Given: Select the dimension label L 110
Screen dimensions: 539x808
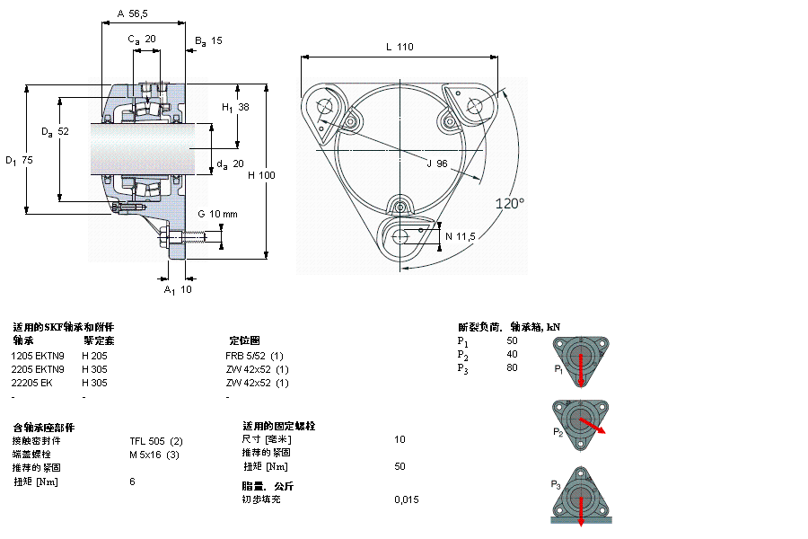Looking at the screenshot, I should point(400,47).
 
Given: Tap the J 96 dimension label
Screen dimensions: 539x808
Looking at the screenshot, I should point(437,163).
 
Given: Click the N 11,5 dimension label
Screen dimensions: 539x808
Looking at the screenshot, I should point(460,236).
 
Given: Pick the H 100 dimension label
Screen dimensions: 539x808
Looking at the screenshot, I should point(261,174).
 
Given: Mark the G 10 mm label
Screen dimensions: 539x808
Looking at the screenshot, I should point(217,214).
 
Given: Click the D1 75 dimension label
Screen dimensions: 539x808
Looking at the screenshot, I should point(19,160).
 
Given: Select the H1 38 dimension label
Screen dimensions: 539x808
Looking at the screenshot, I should point(236,107).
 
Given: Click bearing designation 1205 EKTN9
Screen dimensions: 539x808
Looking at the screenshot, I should point(38,356).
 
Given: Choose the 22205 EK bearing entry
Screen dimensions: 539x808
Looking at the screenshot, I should point(32,383).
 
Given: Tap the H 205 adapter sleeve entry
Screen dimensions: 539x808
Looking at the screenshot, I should point(94,356).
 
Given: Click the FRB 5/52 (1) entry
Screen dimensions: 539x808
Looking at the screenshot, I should point(254,356).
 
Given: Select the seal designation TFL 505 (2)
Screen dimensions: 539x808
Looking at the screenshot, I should point(156,440).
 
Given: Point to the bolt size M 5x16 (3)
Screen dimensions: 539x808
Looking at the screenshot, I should point(155,454).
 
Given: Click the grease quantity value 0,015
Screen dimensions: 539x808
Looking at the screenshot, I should point(406,499).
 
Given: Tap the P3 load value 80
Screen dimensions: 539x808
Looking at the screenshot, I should point(512,367).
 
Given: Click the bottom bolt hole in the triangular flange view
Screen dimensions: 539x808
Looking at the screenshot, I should point(401,235).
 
